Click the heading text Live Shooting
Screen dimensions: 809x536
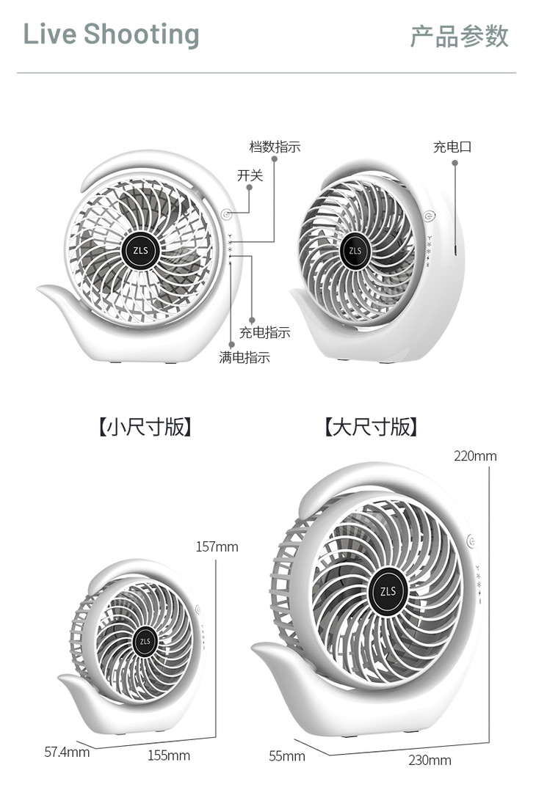111,34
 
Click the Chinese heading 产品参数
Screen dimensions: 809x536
459,36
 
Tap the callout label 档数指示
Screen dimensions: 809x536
275,147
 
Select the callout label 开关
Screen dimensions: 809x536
250,176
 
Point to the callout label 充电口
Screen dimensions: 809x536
452,147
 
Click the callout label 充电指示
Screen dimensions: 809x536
265,332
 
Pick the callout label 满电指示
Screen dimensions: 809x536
245,358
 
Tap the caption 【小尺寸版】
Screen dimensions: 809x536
145,427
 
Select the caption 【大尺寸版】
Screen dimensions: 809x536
371,427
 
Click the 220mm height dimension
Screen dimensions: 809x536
474,456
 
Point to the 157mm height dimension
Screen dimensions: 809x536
217,546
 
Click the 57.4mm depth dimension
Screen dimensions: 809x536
67,751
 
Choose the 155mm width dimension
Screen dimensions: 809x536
168,755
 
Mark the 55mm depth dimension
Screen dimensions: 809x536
286,755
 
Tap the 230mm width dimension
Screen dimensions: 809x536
430,761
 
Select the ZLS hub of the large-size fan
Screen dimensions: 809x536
388,591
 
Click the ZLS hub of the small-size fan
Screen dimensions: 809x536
145,642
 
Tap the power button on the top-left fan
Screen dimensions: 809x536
227,215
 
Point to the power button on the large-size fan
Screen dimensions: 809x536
471,541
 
